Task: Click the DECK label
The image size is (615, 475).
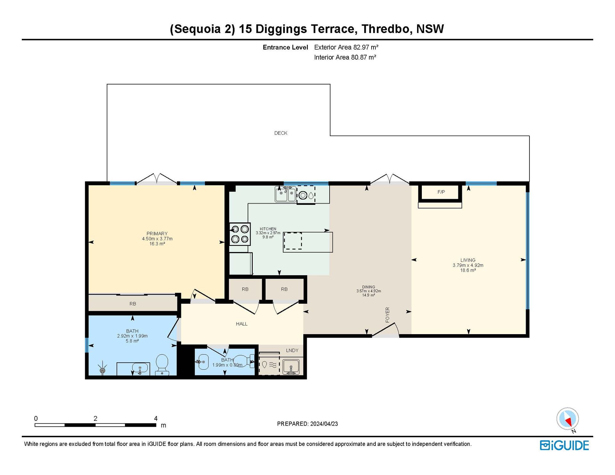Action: click(281, 133)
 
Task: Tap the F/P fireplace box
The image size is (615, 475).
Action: click(441, 192)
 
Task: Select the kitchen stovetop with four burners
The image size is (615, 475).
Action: click(240, 234)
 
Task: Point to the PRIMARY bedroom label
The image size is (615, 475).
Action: click(157, 234)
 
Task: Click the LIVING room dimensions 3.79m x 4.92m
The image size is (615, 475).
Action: click(468, 265)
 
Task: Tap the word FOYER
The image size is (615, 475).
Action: click(387, 315)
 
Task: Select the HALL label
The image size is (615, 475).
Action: click(242, 324)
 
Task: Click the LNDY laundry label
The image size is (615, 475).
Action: click(292, 350)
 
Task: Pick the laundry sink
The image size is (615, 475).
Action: click(291, 366)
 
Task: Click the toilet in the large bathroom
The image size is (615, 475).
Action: click(162, 365)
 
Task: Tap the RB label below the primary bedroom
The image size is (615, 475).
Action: click(133, 304)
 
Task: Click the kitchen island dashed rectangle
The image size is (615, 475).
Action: click(293, 241)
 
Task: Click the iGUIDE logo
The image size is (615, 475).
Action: click(564, 446)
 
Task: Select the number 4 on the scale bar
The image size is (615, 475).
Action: click(156, 418)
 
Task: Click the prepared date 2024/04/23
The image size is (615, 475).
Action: click(324, 424)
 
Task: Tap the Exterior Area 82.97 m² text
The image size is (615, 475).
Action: click(346, 47)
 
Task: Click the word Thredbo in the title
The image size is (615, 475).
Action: click(386, 29)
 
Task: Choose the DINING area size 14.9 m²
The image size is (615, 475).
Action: click(368, 295)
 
